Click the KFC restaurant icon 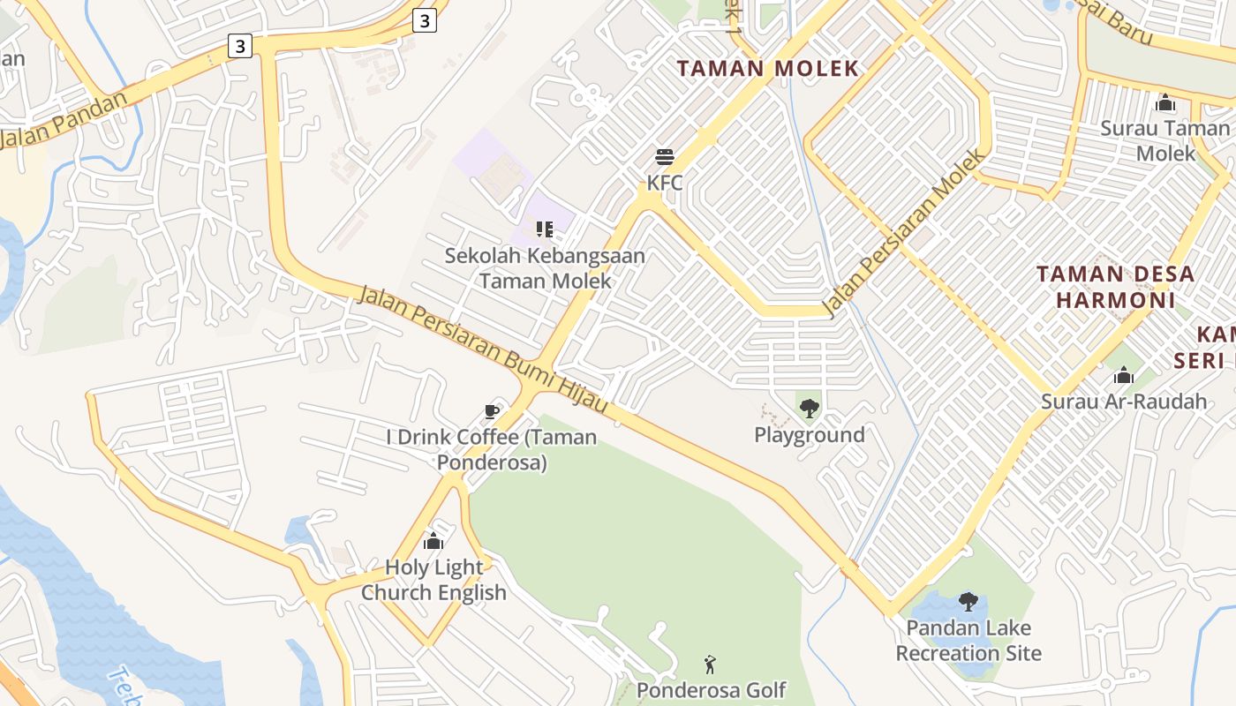[665, 158]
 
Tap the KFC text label [665, 183]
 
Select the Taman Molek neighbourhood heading [767, 69]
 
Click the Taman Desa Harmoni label [1115, 287]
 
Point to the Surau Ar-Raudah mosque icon [1123, 376]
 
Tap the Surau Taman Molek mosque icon [1164, 103]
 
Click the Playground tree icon [809, 409]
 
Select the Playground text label [809, 435]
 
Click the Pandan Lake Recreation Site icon [968, 602]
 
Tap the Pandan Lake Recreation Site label [968, 641]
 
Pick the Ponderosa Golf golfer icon [710, 664]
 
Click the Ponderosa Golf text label [711, 689]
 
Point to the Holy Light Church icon [433, 541]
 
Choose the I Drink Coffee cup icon [492, 411]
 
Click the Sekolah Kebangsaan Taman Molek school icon [544, 229]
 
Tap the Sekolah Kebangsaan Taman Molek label [545, 268]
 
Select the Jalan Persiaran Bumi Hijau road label [483, 349]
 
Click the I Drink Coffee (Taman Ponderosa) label [492, 449]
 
